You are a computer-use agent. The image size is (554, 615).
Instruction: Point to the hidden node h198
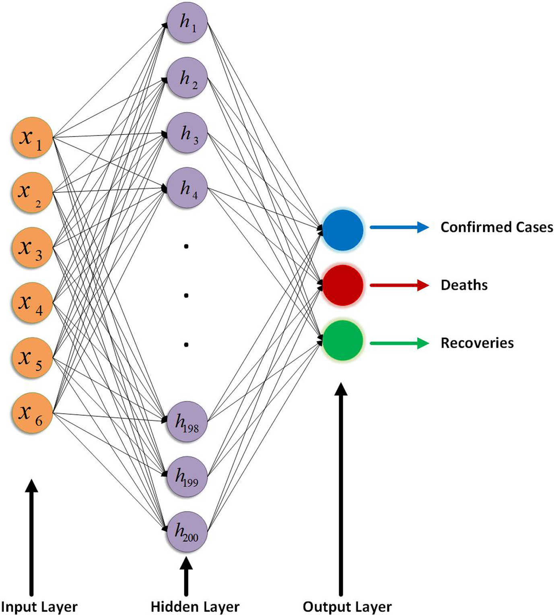pos(187,422)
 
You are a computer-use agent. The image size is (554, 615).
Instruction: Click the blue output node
pos(343,230)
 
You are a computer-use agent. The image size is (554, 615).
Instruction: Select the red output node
pos(343,285)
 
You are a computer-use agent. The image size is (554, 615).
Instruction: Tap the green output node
pos(343,341)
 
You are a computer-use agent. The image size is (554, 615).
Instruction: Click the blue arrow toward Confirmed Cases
pos(399,227)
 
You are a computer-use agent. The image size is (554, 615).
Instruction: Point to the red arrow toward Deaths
pos(399,285)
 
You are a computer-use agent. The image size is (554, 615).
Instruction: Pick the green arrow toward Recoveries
pos(399,343)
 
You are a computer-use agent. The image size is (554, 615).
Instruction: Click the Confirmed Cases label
pos(496,227)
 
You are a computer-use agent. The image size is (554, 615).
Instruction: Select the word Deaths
pos(464,285)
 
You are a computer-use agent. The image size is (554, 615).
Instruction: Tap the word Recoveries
pos(477,343)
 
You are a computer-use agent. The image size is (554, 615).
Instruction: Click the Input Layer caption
pos(39,607)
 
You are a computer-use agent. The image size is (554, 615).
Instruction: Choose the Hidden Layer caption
pos(195,607)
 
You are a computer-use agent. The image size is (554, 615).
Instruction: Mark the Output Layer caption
pos(347,607)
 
